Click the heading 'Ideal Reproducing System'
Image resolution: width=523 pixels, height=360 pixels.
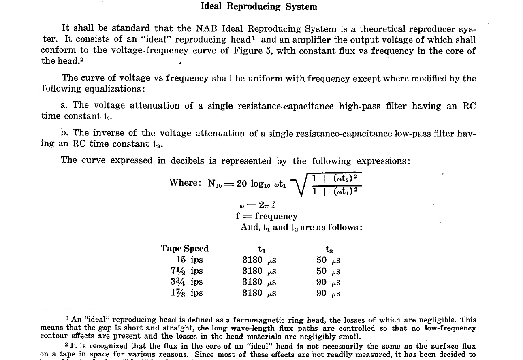point(259,6)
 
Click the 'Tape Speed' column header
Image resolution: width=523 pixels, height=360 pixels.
point(184,249)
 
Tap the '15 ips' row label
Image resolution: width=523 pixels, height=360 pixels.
point(189,260)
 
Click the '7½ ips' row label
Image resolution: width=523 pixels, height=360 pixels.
point(187,271)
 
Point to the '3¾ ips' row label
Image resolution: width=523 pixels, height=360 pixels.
point(187,282)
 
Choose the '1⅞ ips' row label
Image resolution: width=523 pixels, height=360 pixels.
point(187,293)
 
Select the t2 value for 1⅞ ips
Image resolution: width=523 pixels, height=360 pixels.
point(328,293)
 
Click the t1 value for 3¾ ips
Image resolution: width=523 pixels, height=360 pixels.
point(259,282)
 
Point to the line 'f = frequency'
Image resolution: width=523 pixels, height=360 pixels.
point(267,216)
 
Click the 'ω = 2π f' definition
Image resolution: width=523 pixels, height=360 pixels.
point(258,205)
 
